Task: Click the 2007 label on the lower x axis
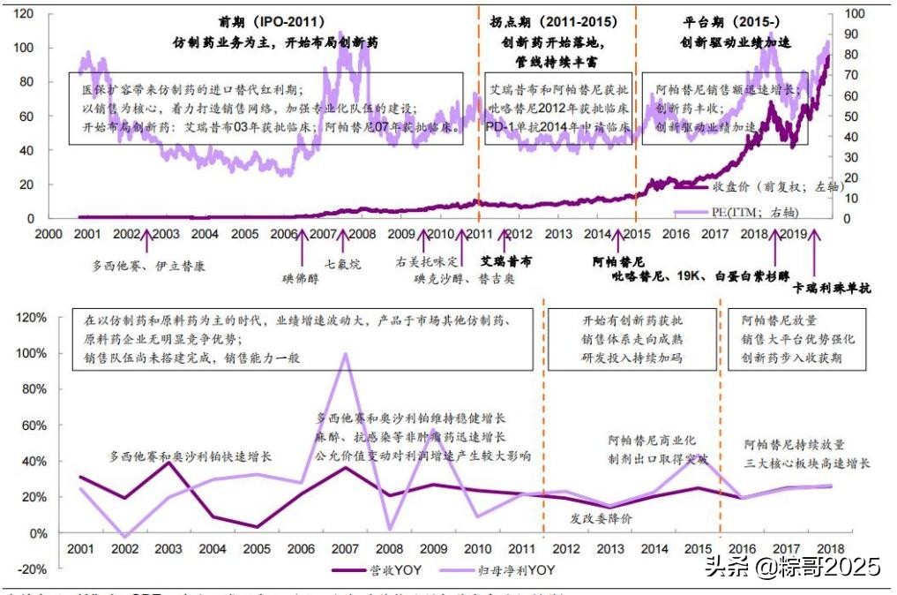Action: point(345,549)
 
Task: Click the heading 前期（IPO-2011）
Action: point(271,20)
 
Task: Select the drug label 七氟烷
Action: point(343,263)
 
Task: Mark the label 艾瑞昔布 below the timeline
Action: point(505,262)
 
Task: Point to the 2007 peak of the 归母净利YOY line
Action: point(345,354)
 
